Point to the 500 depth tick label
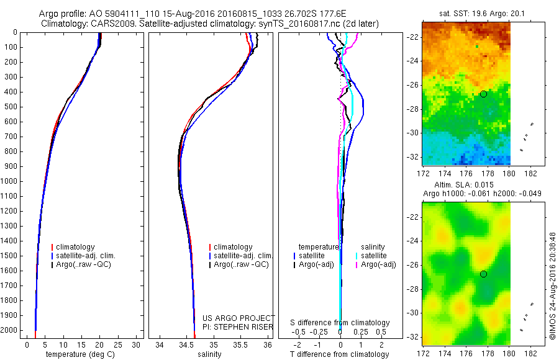point(10,107)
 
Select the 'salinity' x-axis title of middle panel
point(209,354)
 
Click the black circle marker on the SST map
point(483,94)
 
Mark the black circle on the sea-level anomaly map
point(483,274)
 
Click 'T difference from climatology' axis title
point(340,354)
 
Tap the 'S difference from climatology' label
point(340,323)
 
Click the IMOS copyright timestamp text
point(553,286)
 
